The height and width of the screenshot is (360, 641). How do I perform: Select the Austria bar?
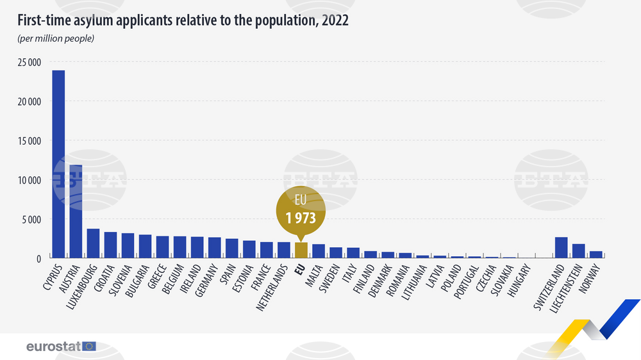(x=76, y=211)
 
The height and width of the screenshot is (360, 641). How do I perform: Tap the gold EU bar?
(x=301, y=250)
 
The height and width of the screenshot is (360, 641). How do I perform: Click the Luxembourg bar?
(x=93, y=243)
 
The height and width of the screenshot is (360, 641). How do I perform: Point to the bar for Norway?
(x=596, y=254)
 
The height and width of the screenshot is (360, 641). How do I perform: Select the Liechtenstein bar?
(x=579, y=251)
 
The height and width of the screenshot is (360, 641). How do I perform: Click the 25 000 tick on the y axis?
(x=29, y=62)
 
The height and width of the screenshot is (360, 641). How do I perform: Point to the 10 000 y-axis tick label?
(x=29, y=180)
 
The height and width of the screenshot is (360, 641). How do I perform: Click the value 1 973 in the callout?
(x=301, y=217)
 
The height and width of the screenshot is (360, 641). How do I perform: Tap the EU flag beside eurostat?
(x=89, y=347)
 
